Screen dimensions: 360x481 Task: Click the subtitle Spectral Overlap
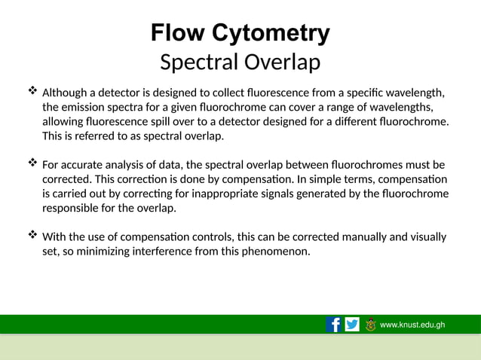[240, 63]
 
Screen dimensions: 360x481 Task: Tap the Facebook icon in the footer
[333, 325]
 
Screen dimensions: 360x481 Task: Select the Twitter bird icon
[352, 325]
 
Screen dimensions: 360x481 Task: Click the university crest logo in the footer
[370, 325]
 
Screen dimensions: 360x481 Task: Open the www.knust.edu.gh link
[412, 325]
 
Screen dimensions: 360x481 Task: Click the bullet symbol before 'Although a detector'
[32, 92]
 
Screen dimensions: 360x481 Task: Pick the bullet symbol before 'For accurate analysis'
[32, 163]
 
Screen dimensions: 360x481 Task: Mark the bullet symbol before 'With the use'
[32, 236]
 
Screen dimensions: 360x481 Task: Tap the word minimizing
[91, 251]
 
